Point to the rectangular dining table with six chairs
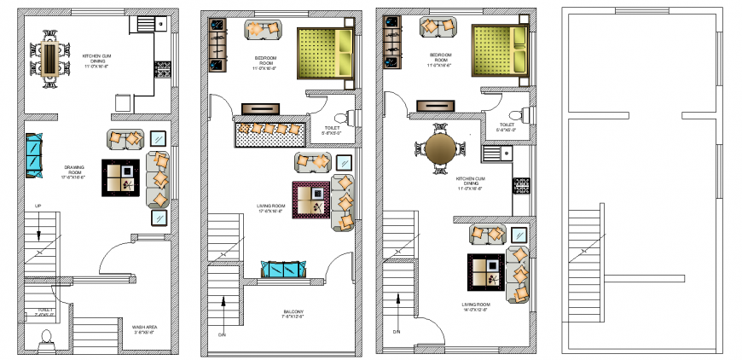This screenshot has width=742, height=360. click(49, 58)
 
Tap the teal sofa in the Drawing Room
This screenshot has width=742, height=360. click(34, 157)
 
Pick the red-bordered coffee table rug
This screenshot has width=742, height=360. click(310, 201)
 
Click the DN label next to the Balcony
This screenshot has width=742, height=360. click(223, 334)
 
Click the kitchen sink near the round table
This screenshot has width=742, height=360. click(494, 154)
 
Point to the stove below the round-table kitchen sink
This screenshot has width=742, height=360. click(520, 184)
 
